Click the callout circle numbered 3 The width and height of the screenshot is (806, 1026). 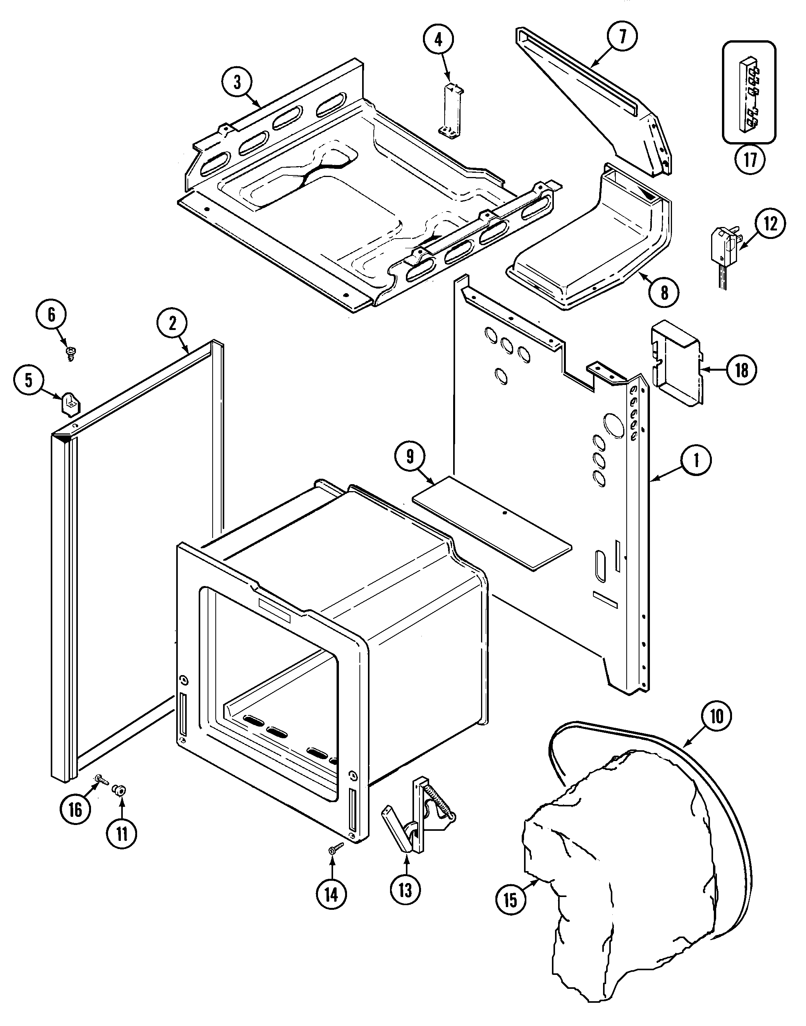[x=237, y=82]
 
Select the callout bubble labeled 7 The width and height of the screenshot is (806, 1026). [x=622, y=37]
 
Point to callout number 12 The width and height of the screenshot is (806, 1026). [x=770, y=224]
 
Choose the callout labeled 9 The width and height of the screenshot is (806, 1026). [x=410, y=457]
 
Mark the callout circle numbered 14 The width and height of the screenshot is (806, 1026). [x=332, y=894]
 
